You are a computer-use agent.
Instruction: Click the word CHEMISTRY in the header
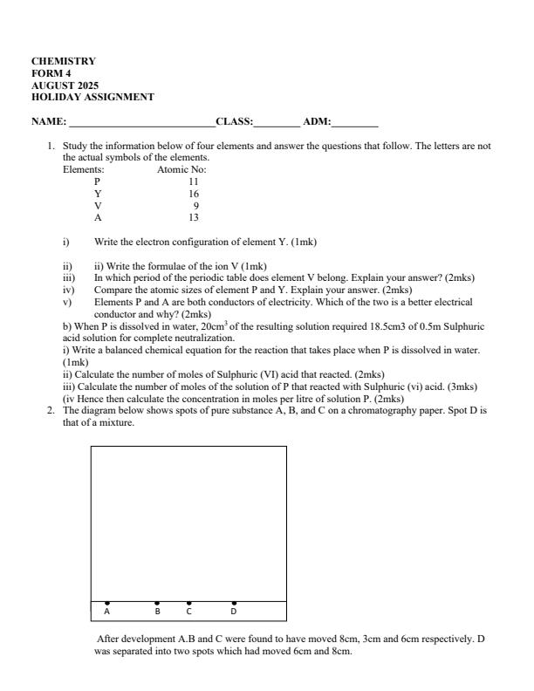pyautogui.click(x=64, y=61)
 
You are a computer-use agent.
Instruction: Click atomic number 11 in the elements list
pyautogui.click(x=193, y=181)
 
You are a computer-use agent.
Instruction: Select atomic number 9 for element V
pyautogui.click(x=195, y=206)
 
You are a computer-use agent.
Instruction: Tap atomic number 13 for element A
pyautogui.click(x=193, y=218)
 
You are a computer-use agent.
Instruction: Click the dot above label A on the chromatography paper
pyautogui.click(x=107, y=603)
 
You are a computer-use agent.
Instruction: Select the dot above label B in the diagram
pyautogui.click(x=157, y=603)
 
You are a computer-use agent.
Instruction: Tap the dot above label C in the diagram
pyautogui.click(x=189, y=603)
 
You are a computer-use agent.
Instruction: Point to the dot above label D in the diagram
pyautogui.click(x=233, y=603)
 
